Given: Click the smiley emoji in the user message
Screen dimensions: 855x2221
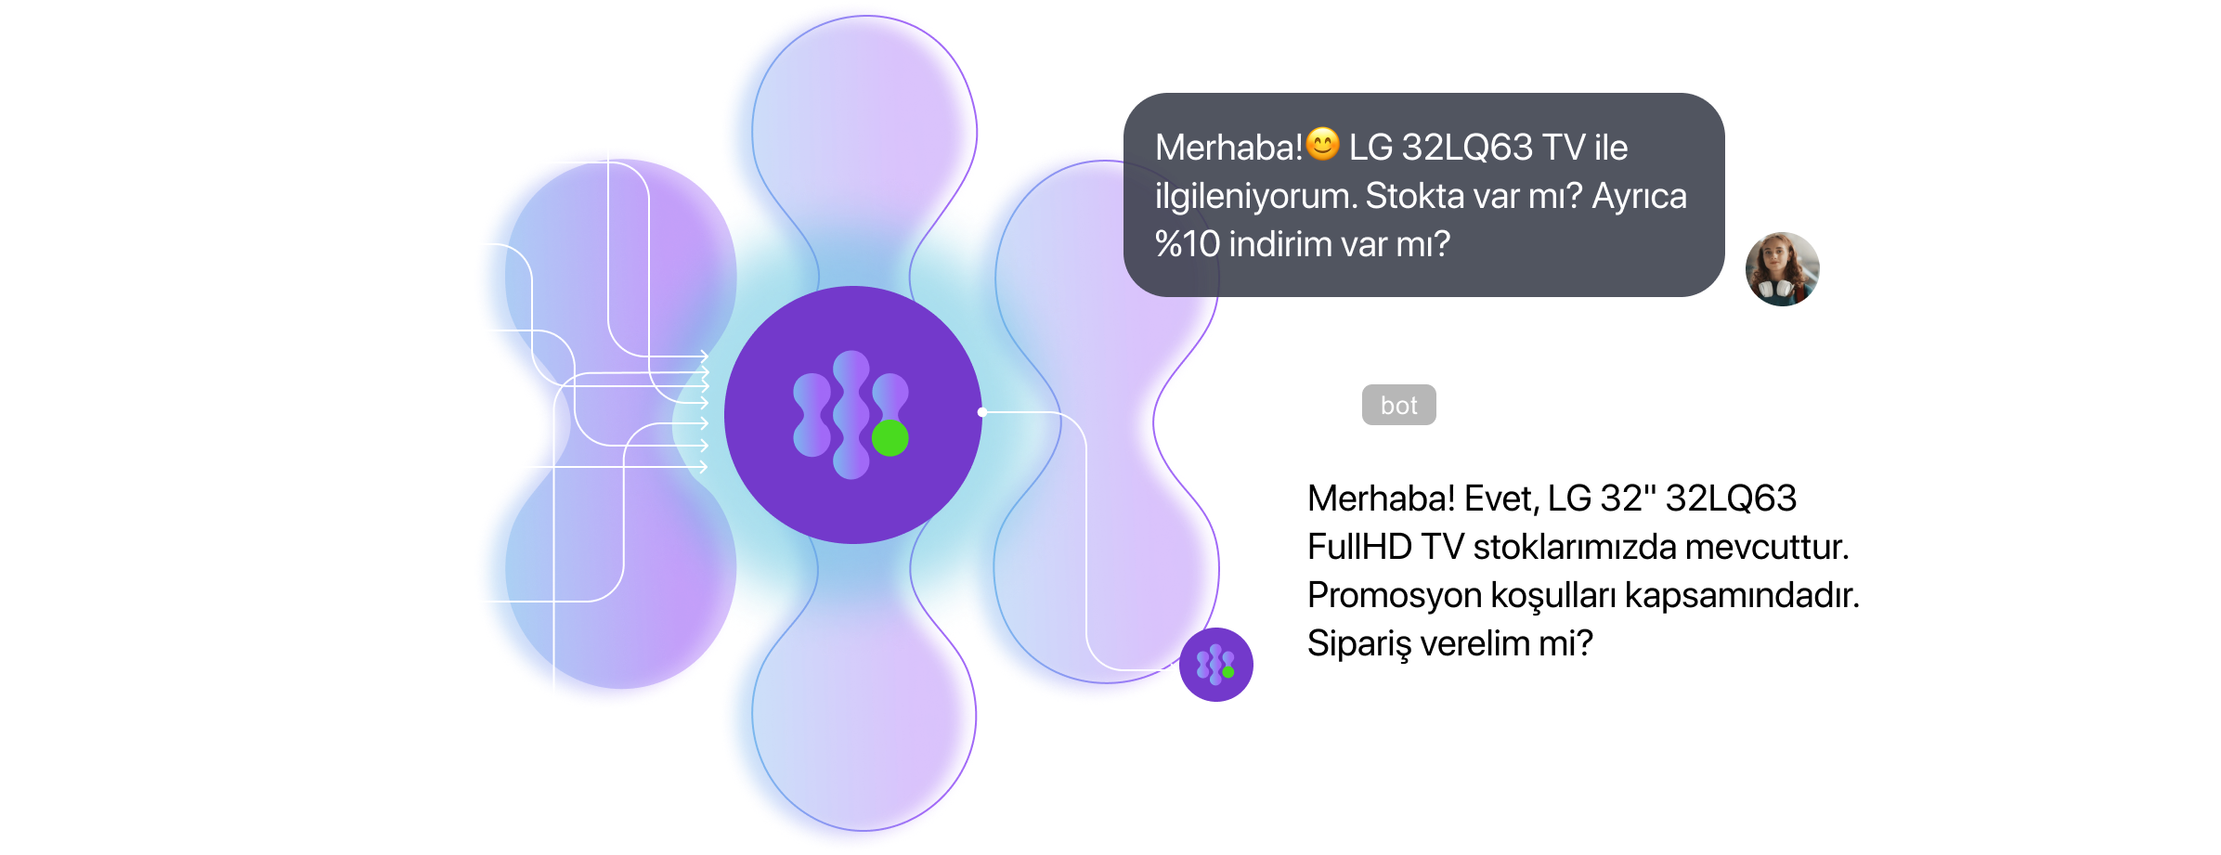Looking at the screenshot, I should click(x=1323, y=144).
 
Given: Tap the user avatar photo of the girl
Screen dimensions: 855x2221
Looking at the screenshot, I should click(x=1781, y=271).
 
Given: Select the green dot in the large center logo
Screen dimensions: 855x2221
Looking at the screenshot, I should click(x=890, y=438).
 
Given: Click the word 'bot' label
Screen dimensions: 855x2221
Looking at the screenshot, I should click(x=1398, y=406).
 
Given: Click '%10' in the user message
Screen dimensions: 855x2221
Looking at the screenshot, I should click(x=1187, y=244).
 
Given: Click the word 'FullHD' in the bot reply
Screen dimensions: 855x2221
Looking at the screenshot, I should click(x=1359, y=547).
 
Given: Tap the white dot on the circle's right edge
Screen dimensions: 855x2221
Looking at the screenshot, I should click(x=982, y=411).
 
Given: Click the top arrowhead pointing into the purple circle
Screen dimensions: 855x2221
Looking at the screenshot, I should click(x=705, y=356).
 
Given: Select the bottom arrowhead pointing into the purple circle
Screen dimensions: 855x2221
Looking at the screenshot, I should click(x=704, y=467).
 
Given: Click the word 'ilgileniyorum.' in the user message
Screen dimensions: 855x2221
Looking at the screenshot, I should click(x=1255, y=196).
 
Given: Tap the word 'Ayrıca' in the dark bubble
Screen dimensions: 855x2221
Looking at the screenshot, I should click(x=1639, y=196).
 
